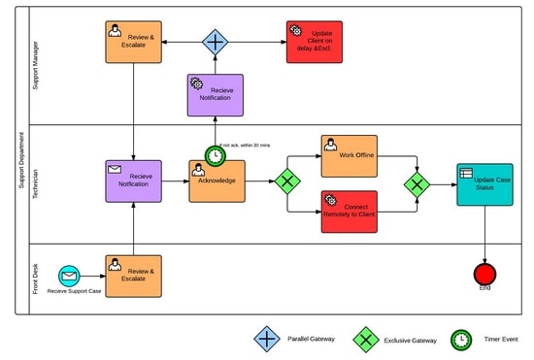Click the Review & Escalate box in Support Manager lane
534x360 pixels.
(133, 42)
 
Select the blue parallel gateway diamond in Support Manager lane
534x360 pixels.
(215, 42)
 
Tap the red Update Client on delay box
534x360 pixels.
(315, 42)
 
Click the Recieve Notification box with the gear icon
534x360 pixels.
(215, 95)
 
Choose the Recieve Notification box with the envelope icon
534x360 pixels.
(133, 181)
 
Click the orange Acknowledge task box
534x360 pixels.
(217, 180)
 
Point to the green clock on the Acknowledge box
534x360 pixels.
(216, 155)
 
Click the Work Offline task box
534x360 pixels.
(349, 155)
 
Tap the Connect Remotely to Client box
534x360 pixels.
(349, 211)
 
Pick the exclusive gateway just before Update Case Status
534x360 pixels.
(417, 182)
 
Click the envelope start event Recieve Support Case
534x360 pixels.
(69, 276)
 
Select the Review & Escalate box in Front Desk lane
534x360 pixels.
(133, 276)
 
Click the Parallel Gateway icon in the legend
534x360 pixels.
(267, 339)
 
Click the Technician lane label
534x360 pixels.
(36, 182)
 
